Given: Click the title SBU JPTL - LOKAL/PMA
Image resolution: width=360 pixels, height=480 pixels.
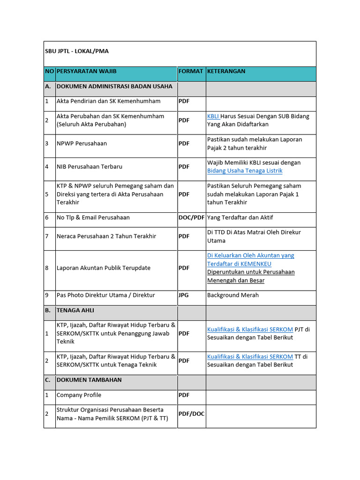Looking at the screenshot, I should (77, 51).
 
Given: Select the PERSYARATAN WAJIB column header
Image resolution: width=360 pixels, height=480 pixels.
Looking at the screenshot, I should (86, 71).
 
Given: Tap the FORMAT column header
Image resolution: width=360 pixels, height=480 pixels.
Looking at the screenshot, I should (191, 71).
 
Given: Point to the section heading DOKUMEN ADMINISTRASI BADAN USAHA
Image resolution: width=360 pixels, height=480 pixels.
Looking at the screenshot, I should (114, 86).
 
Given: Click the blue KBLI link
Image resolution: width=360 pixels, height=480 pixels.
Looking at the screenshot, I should (213, 116).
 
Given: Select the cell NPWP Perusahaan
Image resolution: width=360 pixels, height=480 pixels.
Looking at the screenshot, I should (82, 143).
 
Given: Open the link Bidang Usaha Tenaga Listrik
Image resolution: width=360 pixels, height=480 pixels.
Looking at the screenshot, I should (245, 171).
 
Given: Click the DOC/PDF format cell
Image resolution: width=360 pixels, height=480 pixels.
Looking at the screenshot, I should (191, 217).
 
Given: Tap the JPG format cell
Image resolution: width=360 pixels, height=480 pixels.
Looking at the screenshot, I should (183, 295).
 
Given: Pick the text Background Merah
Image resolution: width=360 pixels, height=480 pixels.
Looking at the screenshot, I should (233, 295).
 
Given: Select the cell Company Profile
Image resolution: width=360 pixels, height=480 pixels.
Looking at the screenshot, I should (79, 395).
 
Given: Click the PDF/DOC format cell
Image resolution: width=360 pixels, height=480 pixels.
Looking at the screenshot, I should (191, 414).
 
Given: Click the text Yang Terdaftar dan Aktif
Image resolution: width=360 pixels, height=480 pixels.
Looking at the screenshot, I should (240, 217).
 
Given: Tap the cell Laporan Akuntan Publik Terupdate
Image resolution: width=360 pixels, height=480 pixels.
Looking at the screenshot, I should (104, 268).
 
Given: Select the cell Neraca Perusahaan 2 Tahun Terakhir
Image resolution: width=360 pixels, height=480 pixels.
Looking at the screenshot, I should (106, 236).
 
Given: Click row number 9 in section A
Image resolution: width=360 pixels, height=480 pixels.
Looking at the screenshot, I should (47, 295).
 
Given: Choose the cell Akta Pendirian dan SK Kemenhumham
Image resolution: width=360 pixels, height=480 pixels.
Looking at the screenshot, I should (108, 101).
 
